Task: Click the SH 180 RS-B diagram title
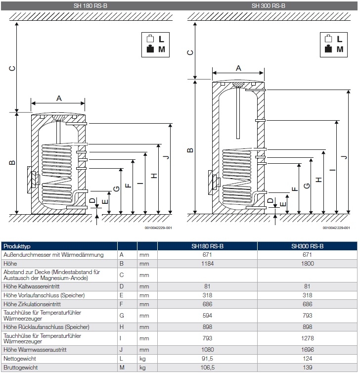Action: (x=90, y=6)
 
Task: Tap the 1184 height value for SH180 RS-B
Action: (x=207, y=264)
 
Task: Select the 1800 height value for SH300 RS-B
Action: (x=308, y=264)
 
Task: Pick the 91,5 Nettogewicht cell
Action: (x=207, y=358)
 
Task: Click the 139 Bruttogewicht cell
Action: (x=308, y=368)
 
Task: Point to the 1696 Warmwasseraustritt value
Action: (x=308, y=349)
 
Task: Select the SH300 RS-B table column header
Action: (x=307, y=246)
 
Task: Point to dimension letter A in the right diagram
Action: (x=238, y=68)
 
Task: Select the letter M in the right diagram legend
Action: (x=340, y=49)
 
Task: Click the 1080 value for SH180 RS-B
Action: (x=207, y=349)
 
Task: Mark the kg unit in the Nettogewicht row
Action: (x=142, y=358)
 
